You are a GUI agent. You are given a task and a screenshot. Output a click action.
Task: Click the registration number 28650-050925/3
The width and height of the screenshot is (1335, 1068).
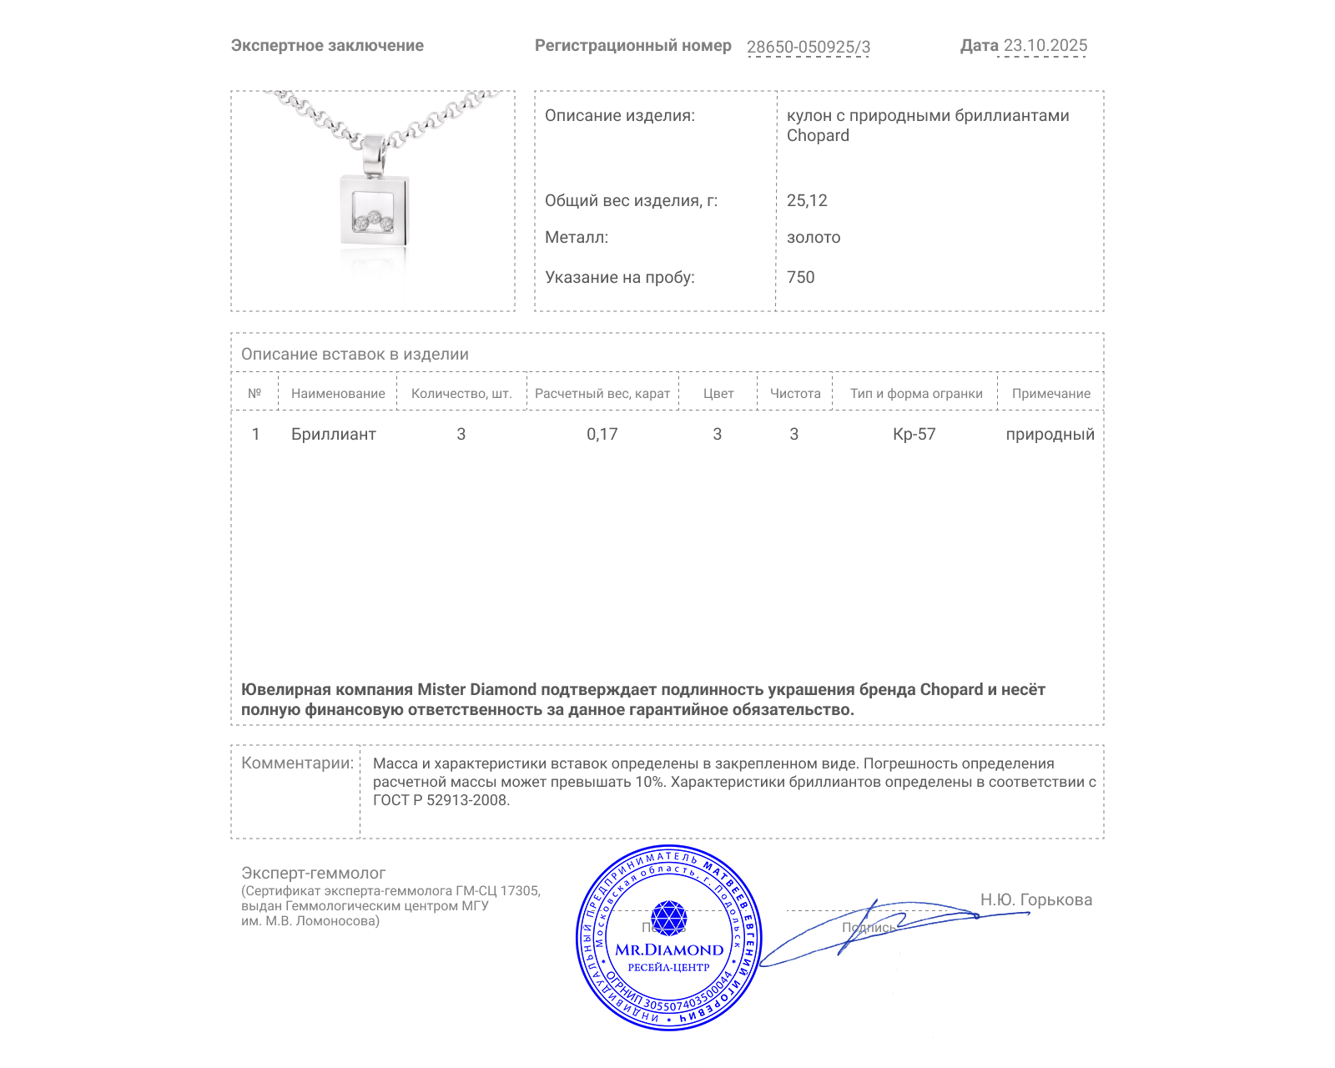[808, 47]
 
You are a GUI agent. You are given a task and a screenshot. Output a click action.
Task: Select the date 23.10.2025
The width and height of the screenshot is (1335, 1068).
[1045, 46]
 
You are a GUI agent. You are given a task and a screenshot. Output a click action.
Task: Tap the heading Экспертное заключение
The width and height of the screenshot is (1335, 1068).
[327, 46]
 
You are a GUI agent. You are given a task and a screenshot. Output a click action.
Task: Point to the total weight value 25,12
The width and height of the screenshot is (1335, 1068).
[807, 200]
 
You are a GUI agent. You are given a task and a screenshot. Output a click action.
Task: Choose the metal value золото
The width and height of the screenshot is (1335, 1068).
[814, 238]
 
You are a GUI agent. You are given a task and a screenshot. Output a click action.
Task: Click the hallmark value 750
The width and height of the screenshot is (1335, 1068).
[800, 277]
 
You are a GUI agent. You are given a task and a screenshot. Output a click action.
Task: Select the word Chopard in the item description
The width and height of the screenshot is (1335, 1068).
[818, 136]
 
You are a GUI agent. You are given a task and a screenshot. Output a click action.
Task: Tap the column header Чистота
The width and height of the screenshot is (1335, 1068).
[795, 394]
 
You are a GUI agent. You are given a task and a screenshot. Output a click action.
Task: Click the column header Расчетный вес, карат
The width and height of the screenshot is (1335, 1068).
[602, 394]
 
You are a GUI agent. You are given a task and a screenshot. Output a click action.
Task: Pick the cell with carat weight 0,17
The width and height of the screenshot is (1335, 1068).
[602, 434]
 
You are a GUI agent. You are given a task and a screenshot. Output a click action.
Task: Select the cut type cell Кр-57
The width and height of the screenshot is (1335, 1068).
[914, 434]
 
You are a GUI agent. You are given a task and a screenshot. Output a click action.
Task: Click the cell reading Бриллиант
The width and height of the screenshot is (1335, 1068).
[333, 434]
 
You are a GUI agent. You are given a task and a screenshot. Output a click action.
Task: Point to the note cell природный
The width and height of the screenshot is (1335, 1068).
[1050, 434]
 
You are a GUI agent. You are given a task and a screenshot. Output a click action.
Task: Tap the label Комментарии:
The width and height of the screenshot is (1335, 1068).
[297, 763]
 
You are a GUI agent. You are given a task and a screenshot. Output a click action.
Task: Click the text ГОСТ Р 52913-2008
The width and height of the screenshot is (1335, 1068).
[441, 800]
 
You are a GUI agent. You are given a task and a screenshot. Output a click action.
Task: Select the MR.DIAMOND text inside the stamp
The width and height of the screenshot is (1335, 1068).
[669, 950]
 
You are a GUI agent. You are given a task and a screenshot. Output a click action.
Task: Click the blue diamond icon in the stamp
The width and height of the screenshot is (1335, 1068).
[668, 918]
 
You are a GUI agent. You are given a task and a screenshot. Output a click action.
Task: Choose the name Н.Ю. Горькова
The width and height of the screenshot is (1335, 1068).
[1035, 899]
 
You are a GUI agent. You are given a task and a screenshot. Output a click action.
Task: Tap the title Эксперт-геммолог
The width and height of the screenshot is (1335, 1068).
[313, 873]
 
